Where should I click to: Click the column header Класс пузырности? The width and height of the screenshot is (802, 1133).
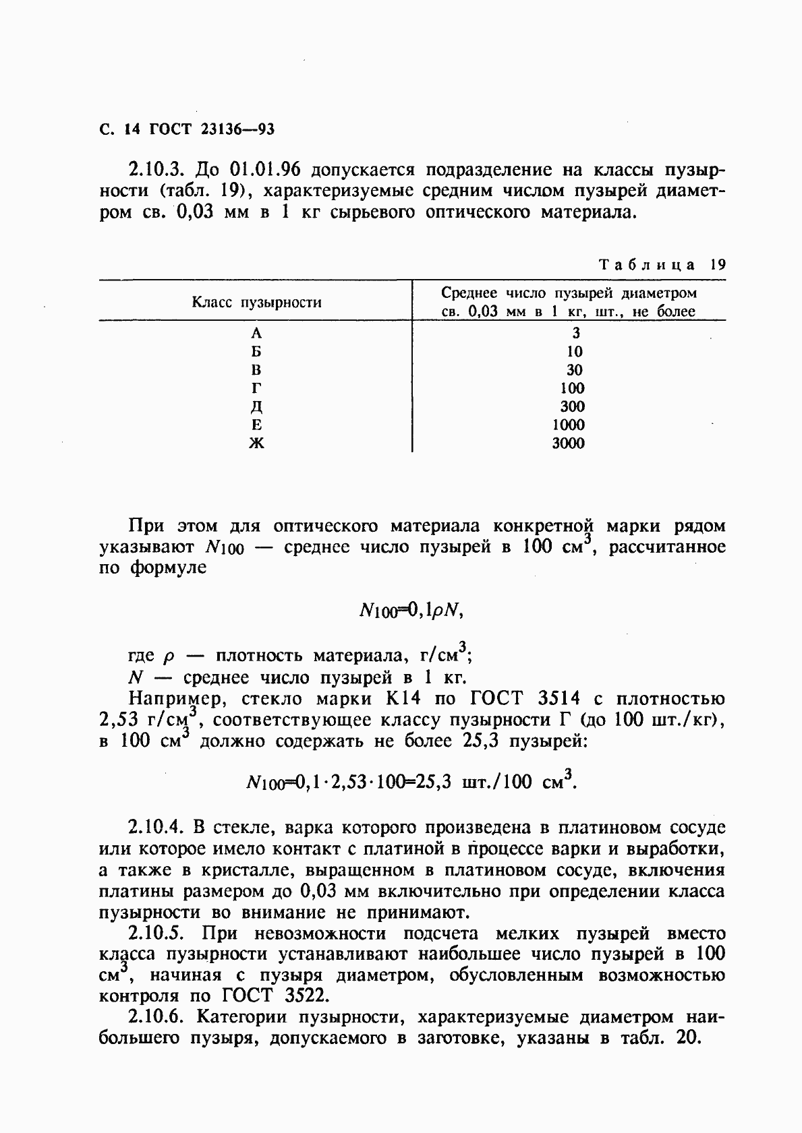tap(256, 303)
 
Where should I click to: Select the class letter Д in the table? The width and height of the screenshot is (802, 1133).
tap(256, 407)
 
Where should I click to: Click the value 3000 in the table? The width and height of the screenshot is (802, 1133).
tap(568, 443)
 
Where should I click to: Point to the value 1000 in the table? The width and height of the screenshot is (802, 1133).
tap(568, 425)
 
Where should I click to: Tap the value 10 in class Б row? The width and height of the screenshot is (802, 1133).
tap(574, 352)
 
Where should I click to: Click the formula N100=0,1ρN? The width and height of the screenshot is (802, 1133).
tap(411, 611)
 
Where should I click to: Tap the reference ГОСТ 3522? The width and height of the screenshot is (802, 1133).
tap(275, 996)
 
